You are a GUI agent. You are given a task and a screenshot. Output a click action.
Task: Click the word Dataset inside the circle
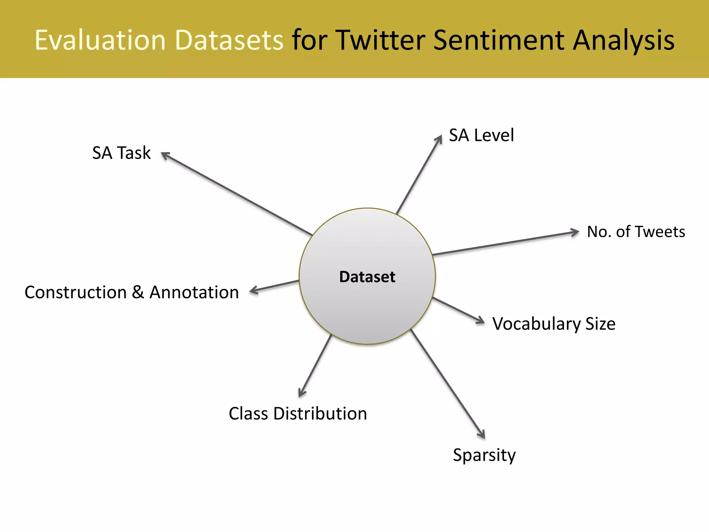point(367,277)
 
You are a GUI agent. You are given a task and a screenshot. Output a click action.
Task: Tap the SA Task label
point(122,153)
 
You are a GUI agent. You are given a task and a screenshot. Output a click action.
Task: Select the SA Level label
point(481,135)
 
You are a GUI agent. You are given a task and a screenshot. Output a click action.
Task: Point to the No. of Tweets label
point(636,231)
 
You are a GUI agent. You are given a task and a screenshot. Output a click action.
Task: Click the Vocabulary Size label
point(554,324)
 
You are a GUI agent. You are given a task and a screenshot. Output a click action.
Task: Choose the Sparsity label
point(484,455)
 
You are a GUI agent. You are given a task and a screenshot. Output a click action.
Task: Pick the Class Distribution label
point(298,414)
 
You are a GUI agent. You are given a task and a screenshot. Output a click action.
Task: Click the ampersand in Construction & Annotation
point(138,292)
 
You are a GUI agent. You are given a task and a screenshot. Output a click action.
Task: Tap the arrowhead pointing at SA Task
point(165,155)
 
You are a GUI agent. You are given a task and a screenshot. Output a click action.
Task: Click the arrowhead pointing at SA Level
point(439,139)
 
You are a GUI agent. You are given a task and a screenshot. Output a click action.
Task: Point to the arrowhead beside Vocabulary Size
point(481,321)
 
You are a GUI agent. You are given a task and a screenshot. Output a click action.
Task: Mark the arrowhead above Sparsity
point(482,434)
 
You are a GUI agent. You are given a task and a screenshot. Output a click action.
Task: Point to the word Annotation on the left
point(194,292)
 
